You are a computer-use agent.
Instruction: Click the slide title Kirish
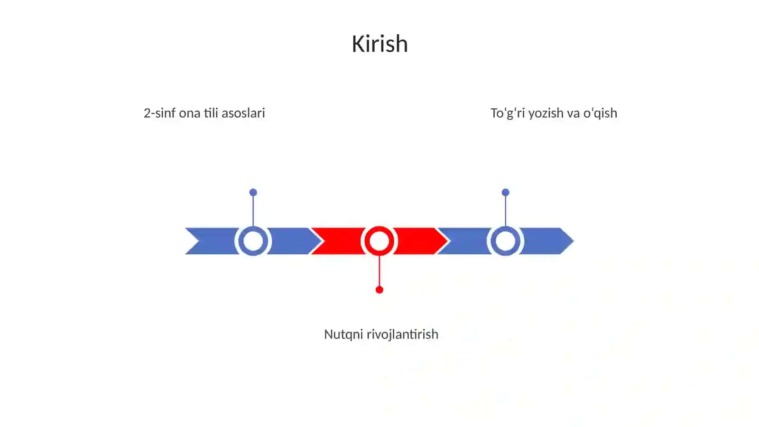(x=379, y=44)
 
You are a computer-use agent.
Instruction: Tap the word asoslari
(x=243, y=113)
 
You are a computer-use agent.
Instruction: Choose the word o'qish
(x=600, y=114)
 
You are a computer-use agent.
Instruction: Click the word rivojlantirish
(x=403, y=335)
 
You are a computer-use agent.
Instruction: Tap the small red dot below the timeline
(x=379, y=290)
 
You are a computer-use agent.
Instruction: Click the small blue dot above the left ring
(x=253, y=192)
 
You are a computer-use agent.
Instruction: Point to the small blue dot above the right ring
(x=506, y=192)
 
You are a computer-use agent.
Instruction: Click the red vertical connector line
(x=379, y=271)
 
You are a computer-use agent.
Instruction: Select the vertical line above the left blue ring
(x=253, y=211)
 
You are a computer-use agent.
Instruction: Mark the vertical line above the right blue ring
(x=506, y=211)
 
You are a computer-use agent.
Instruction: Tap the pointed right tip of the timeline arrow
(x=574, y=241)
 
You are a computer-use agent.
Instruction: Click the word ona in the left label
(x=190, y=113)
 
